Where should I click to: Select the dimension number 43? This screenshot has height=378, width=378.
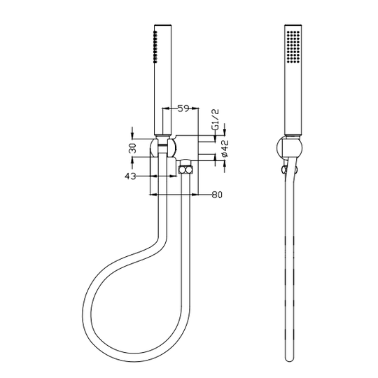(130, 176)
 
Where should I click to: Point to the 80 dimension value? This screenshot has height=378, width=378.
(216, 195)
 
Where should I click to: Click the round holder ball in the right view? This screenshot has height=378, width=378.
(288, 149)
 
